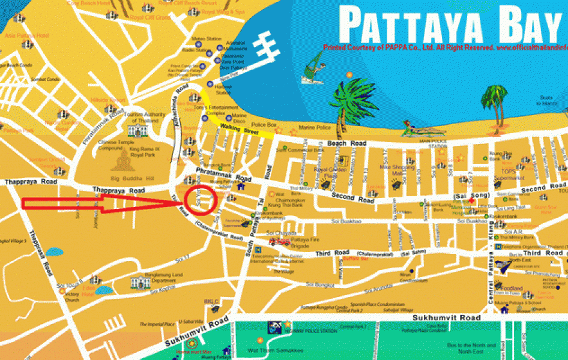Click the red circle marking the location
pos(200,199)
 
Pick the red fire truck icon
pos(280,242)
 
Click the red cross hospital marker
pos(472,202)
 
